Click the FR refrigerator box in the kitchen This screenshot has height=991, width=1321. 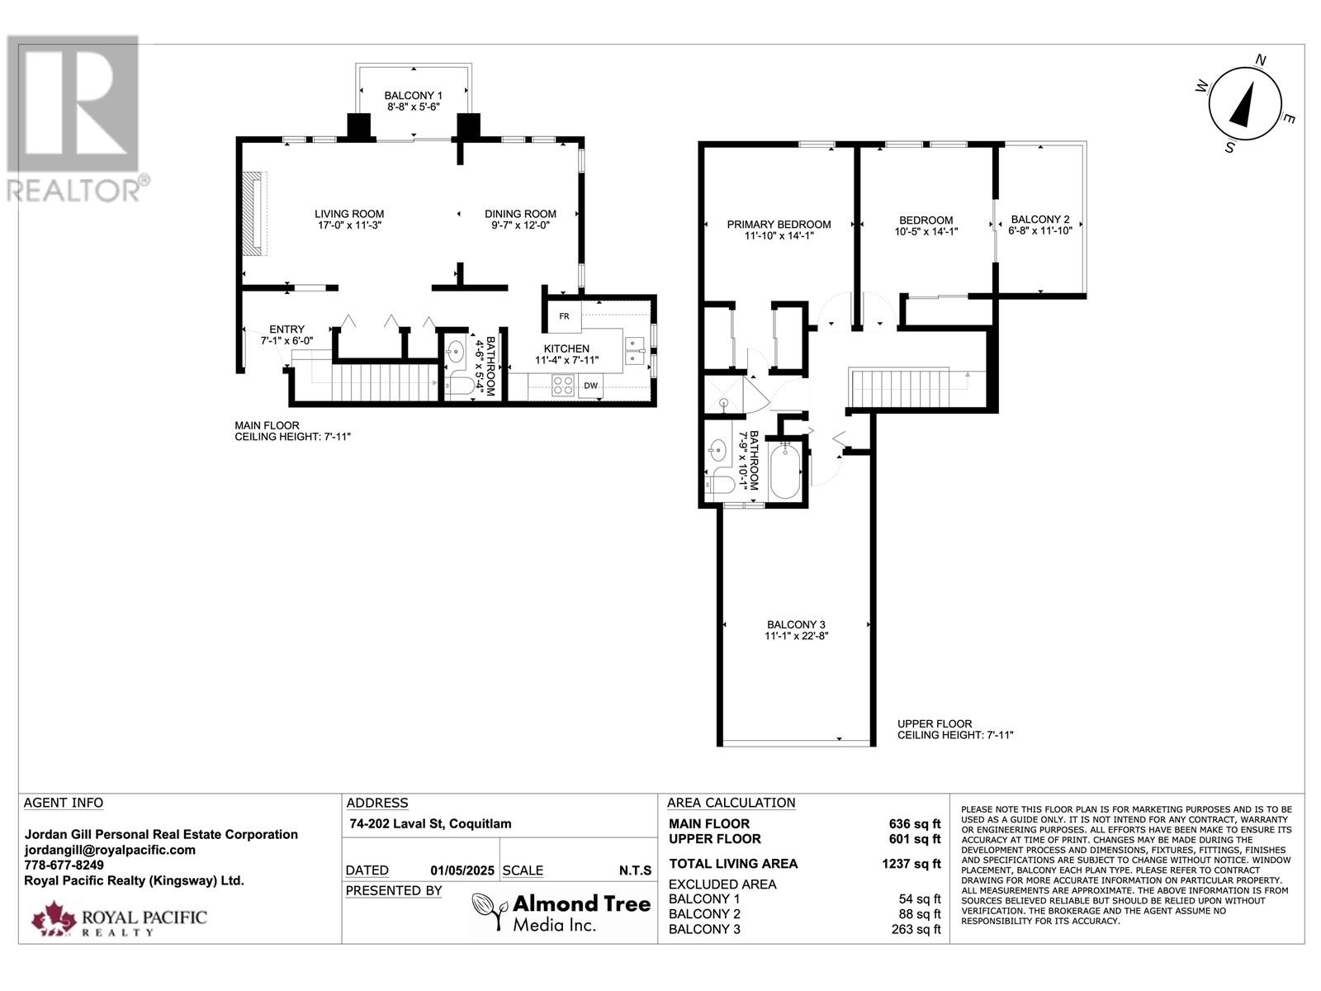(564, 316)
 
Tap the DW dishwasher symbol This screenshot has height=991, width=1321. (591, 386)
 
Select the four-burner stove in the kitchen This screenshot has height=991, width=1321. (563, 386)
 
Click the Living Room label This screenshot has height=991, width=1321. (349, 214)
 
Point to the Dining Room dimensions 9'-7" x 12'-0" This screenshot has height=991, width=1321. (521, 225)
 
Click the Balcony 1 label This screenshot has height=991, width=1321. (414, 95)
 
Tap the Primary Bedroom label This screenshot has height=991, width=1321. (779, 225)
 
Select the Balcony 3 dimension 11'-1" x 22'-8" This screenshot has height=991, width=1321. (796, 636)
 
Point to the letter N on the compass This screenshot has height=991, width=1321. (1260, 60)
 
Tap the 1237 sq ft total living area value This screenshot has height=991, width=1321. (911, 864)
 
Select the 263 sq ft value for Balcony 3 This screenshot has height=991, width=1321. (916, 929)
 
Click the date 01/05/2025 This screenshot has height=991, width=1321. (462, 870)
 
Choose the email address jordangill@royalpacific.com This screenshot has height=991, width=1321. (110, 850)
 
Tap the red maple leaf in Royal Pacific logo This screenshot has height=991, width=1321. (53, 918)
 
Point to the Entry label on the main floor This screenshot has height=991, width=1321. (286, 330)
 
